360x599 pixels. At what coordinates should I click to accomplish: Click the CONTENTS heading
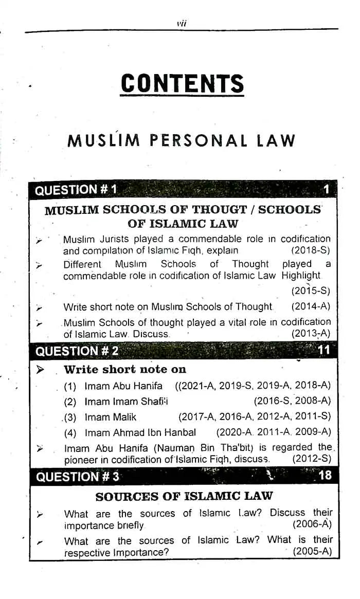[182, 84]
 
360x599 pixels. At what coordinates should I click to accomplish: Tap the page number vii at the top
[181, 23]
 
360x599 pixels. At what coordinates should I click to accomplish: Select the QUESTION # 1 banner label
[76, 190]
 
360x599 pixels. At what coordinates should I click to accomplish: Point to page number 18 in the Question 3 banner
[325, 475]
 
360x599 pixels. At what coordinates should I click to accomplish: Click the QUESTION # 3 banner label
[77, 477]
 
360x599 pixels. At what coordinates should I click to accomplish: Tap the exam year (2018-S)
[310, 251]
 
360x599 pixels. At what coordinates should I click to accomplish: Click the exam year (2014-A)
[311, 307]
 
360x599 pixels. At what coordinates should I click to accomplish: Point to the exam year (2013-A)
[311, 334]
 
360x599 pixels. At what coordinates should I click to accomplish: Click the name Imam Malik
[111, 417]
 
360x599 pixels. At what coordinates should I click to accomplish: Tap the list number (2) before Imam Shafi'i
[70, 402]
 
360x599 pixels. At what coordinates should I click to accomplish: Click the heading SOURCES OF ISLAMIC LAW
[184, 497]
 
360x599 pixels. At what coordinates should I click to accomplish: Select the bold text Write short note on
[125, 370]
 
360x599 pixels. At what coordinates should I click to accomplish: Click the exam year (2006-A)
[312, 525]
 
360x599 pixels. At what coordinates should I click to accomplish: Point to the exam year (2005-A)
[312, 552]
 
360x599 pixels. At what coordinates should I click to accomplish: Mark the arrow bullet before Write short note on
[41, 370]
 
